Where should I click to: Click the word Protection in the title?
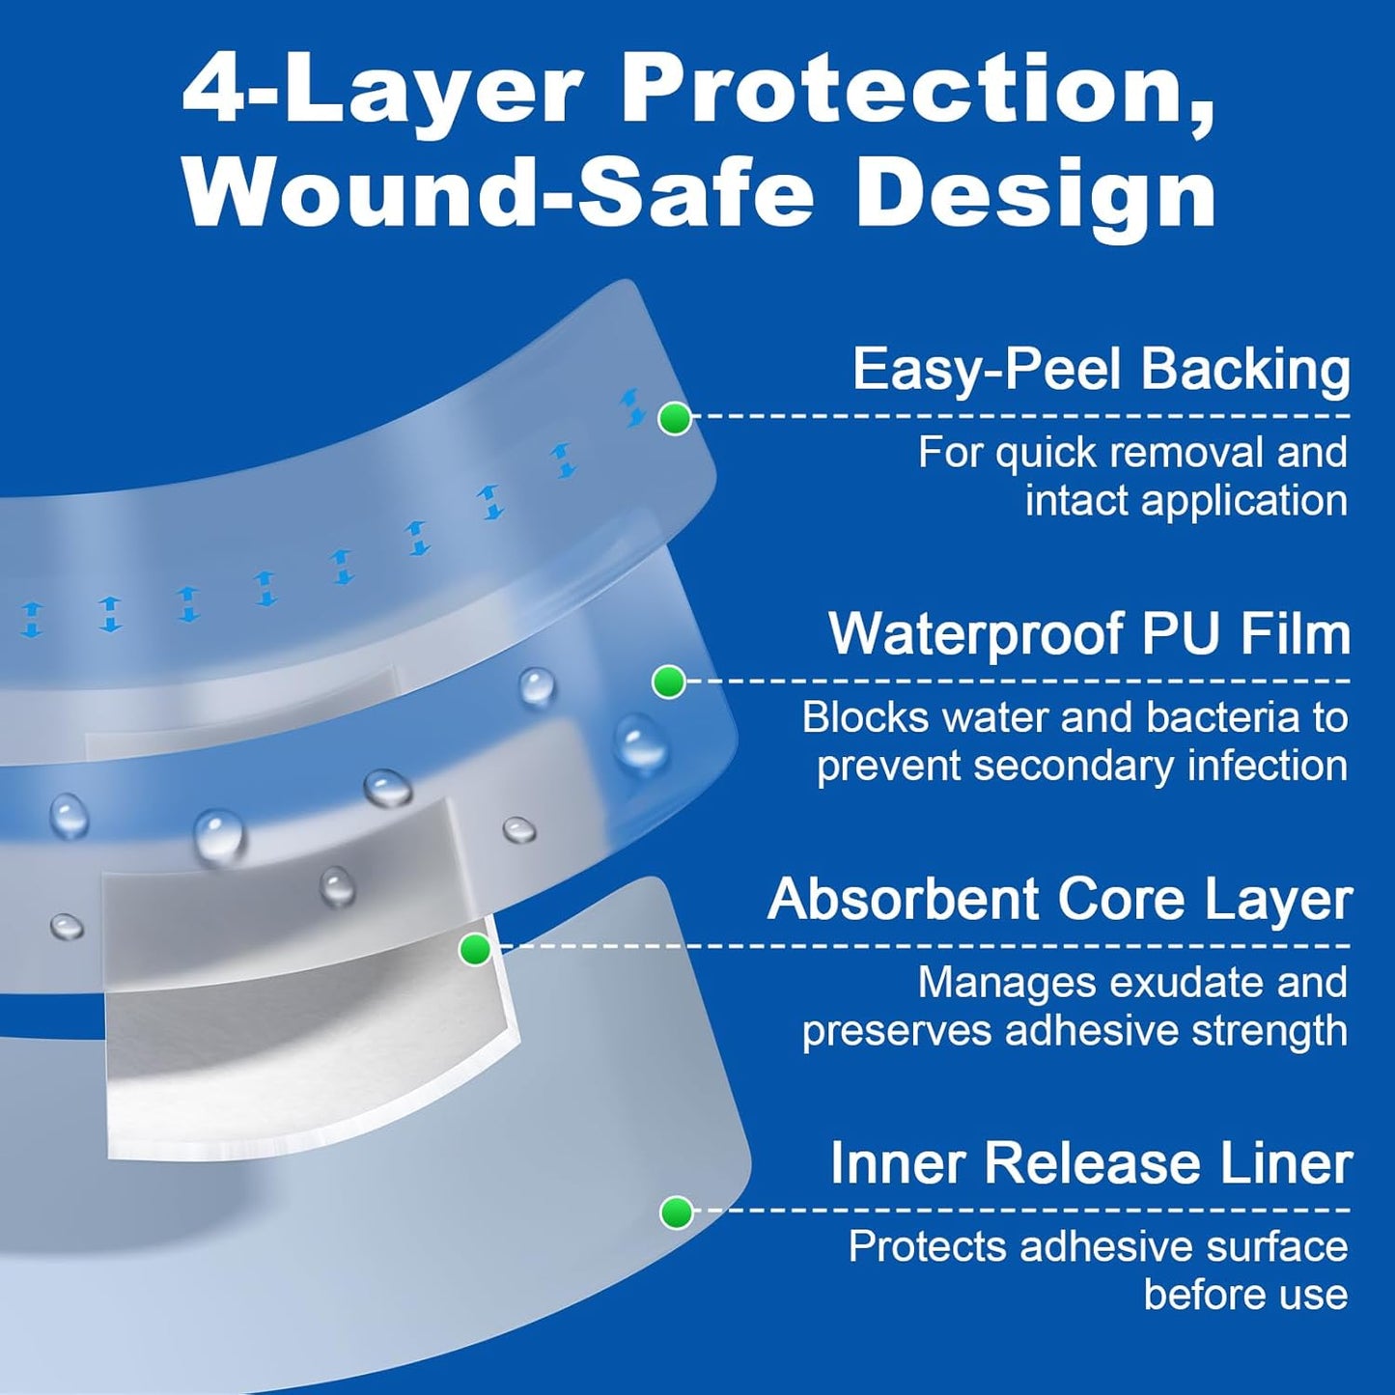tap(917, 89)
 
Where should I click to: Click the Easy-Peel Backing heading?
tap(1101, 370)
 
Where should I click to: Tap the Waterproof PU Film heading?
tap(1089, 634)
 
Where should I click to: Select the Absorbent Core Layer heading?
tap(1059, 900)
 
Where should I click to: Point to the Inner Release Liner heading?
tap(1091, 1163)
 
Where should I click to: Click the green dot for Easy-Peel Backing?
tap(675, 419)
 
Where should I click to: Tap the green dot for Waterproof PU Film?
tap(668, 683)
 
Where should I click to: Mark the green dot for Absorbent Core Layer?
tap(474, 949)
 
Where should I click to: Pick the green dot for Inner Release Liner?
tap(676, 1213)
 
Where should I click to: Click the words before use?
tap(1245, 1295)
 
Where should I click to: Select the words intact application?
tap(1186, 501)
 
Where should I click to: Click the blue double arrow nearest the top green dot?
tap(633, 406)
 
